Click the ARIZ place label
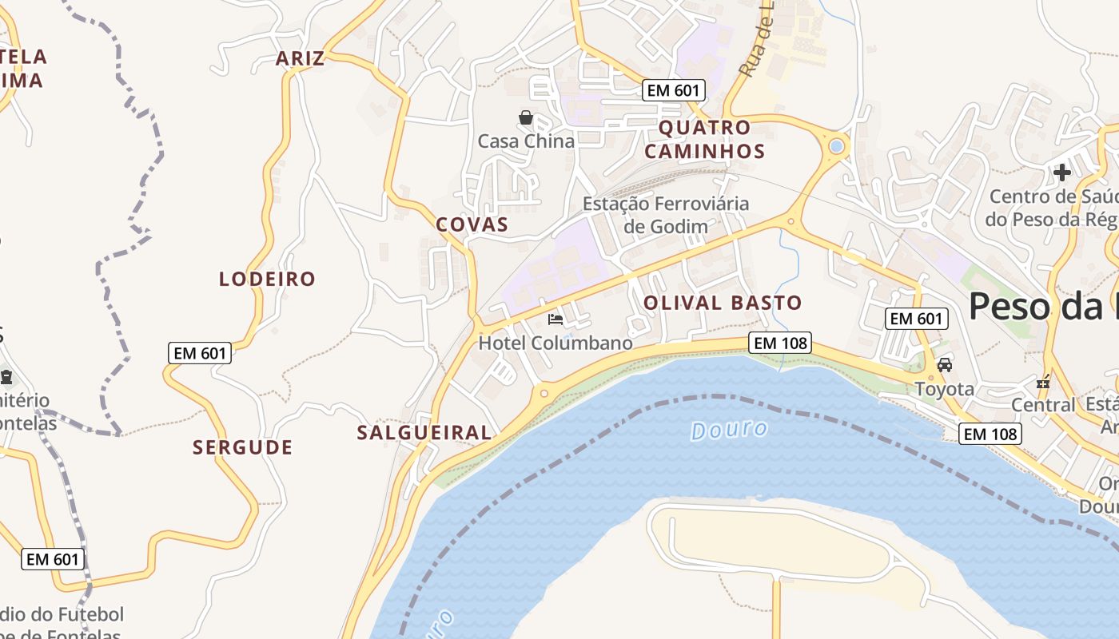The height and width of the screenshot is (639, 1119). [x=301, y=58]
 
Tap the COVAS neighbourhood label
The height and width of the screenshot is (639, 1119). [x=472, y=224]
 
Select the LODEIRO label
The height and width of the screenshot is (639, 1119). [x=268, y=279]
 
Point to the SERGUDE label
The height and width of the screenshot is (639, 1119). [x=242, y=447]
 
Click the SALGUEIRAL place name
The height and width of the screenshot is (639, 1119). [x=424, y=433]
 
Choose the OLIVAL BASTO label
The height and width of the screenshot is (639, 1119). [x=722, y=304]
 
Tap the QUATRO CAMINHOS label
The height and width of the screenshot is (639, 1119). [x=704, y=140]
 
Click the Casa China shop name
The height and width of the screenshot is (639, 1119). [x=526, y=141]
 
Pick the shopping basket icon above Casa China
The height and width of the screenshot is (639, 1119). [x=526, y=118]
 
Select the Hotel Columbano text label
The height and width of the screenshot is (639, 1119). [x=556, y=343]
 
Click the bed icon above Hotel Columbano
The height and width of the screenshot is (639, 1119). [x=556, y=319]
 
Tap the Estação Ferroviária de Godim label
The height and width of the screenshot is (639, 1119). [x=666, y=215]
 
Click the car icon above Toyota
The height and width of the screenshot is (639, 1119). [x=945, y=365]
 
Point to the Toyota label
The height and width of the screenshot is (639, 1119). [x=945, y=389]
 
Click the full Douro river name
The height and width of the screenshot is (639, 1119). [x=729, y=431]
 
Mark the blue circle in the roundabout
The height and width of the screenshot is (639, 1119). [x=837, y=146]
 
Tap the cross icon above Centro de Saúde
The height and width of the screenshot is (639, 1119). [x=1061, y=172]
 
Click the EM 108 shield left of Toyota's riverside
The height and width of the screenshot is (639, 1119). [x=780, y=343]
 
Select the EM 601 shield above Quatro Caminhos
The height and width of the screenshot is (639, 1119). [x=673, y=90]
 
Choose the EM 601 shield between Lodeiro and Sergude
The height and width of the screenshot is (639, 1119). [x=200, y=353]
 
